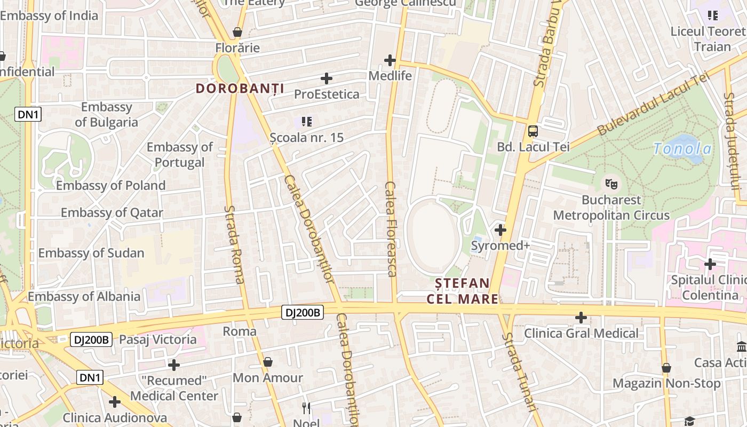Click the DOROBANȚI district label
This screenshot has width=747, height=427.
240,88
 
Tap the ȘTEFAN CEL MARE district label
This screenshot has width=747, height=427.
462,291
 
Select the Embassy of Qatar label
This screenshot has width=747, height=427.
112,212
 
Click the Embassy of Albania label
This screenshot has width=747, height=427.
84,296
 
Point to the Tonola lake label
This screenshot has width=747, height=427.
683,148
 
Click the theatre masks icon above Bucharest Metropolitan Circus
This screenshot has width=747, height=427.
611,184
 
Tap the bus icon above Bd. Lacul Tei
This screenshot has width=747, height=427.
533,131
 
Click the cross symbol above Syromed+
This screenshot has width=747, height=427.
500,230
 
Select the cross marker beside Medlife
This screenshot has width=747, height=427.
390,60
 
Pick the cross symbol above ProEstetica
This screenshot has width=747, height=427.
327,78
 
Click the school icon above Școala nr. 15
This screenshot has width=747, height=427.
306,122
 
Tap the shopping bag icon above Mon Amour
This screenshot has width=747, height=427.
268,362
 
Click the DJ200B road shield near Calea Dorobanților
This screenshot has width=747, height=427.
303,312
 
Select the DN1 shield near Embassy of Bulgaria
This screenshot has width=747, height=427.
28,114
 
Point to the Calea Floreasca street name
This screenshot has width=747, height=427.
391,229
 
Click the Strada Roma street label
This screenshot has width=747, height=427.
234,244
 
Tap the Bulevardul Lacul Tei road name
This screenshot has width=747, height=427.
654,105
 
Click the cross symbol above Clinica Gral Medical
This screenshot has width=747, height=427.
581,318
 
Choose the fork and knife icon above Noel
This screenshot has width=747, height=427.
306,408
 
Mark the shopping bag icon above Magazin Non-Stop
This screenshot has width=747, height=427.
666,368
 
